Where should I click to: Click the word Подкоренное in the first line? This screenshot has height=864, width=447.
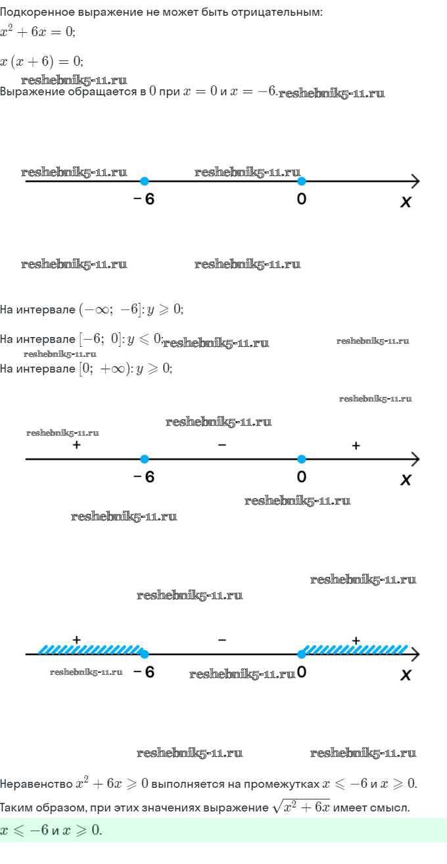click(34, 12)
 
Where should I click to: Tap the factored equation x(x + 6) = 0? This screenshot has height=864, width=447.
click(41, 61)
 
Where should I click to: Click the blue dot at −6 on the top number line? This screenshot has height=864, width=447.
click(145, 181)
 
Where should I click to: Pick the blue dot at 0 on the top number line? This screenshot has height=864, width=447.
click(301, 181)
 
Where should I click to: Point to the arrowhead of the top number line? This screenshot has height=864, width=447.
click(414, 181)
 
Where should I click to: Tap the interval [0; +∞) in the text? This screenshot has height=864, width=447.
click(105, 369)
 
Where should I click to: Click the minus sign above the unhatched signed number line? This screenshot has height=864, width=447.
click(222, 445)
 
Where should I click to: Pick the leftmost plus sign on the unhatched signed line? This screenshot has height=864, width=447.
click(76, 445)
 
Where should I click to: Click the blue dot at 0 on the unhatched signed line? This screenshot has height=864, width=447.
click(301, 459)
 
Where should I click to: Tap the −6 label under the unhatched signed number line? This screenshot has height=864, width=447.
click(144, 477)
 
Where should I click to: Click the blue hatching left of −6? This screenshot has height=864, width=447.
click(89, 650)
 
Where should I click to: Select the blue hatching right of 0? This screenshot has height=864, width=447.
click(355, 650)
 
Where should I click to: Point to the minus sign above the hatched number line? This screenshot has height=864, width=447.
click(222, 639)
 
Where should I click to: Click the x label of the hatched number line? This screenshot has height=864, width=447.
click(406, 675)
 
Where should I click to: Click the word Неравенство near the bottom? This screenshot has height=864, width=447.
click(36, 784)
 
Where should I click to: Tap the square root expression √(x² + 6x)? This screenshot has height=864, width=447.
click(300, 807)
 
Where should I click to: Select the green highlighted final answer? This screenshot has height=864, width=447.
click(52, 830)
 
